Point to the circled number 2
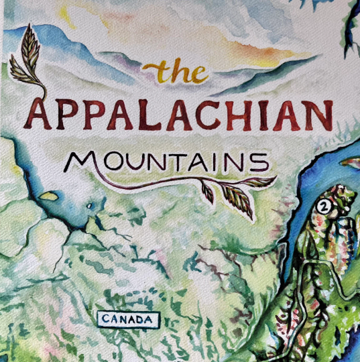point(324,206)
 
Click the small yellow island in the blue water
point(48,196)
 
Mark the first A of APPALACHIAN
point(42,115)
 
